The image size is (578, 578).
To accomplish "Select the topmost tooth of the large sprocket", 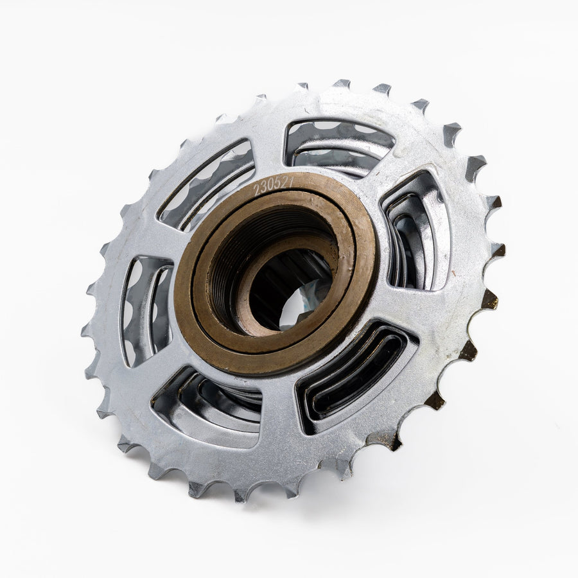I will [342, 84].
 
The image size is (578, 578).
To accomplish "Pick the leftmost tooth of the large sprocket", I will [86, 331].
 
